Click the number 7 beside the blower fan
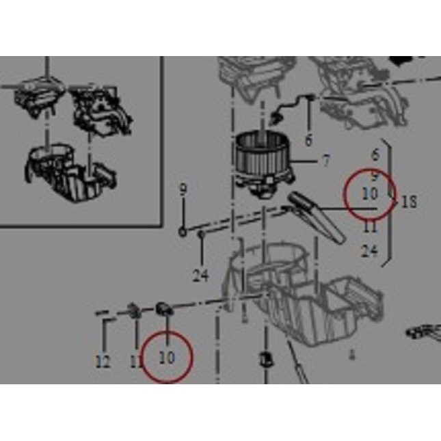(326, 161)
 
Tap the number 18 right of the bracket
(410, 202)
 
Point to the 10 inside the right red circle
(370, 194)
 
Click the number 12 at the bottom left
(103, 362)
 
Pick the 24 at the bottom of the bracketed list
(369, 252)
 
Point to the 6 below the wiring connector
(308, 141)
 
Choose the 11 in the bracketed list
(370, 226)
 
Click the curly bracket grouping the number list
(390, 202)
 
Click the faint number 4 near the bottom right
(352, 355)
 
